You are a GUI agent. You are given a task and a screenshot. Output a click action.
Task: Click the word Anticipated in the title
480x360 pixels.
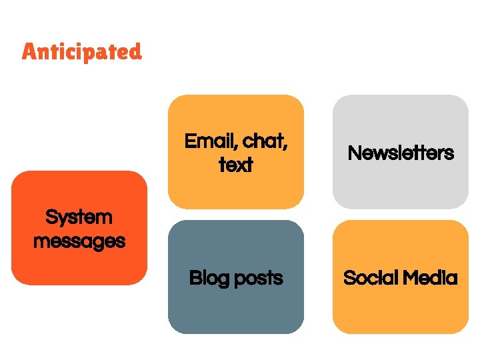tap(81, 51)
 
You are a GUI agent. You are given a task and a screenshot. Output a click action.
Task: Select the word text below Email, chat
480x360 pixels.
tap(236, 165)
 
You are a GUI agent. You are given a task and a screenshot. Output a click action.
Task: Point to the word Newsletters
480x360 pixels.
tap(401, 153)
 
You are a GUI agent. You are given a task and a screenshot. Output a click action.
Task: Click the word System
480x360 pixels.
tap(79, 217)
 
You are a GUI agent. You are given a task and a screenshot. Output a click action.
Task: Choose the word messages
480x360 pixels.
tap(79, 241)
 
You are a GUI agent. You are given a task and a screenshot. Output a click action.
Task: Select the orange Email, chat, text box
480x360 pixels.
tap(236, 113)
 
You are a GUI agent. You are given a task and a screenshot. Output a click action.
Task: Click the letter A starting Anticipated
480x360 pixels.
tap(29, 51)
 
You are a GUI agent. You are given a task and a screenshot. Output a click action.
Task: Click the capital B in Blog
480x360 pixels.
tap(195, 278)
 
